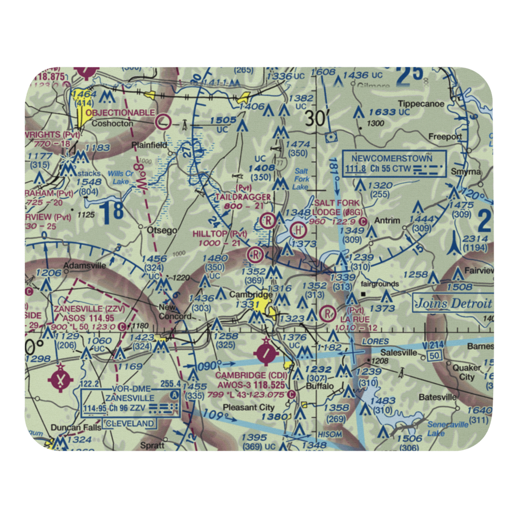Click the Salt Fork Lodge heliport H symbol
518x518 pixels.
298,228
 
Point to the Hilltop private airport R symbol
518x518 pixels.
255,254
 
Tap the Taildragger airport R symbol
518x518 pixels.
268,220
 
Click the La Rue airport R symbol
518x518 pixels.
327,313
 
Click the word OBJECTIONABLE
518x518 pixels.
120,112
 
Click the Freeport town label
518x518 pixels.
445,137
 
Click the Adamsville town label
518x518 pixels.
85,266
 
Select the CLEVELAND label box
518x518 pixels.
130,424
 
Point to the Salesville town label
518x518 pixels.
399,352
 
